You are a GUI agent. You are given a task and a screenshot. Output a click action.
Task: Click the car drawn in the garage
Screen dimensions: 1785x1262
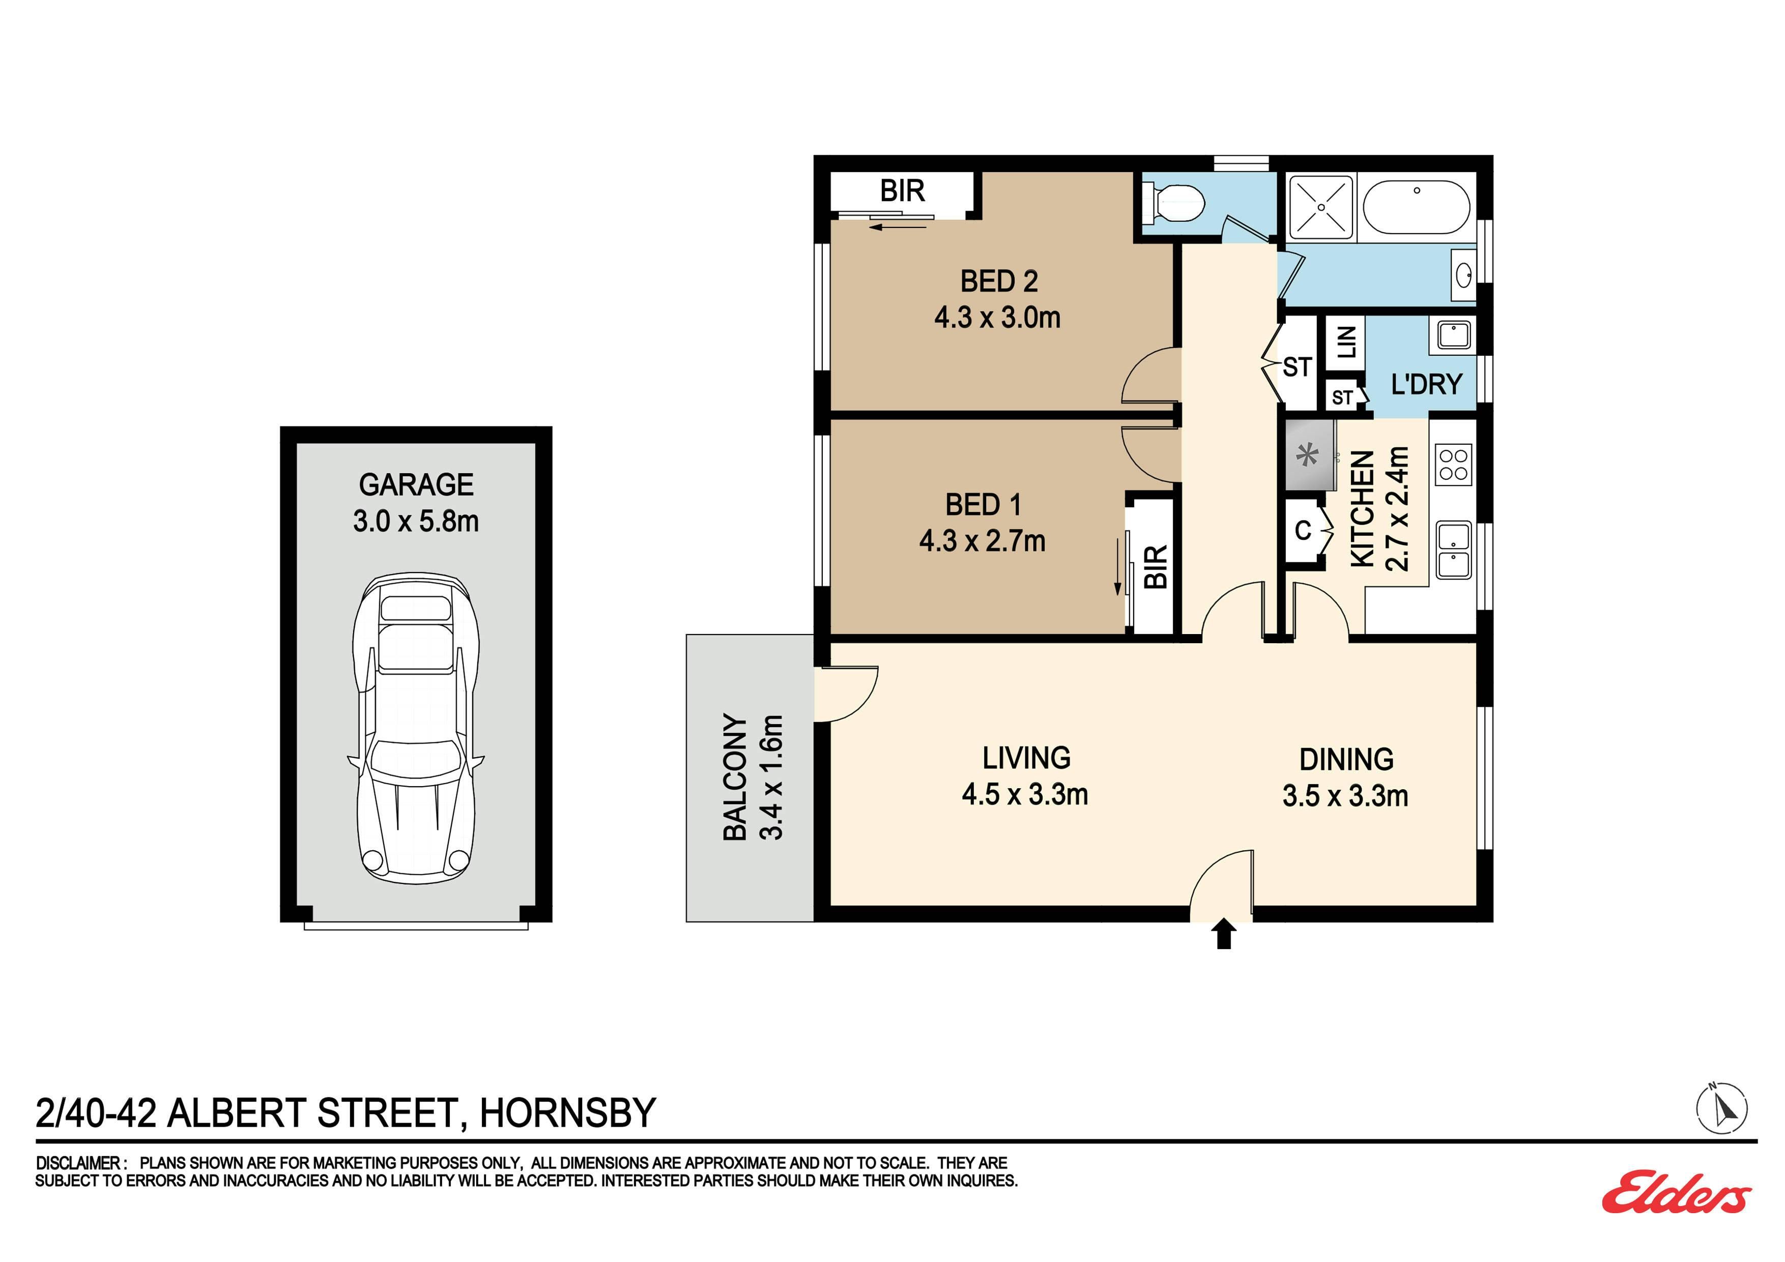point(416,729)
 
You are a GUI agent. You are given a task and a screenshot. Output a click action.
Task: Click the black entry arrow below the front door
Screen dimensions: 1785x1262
point(1224,933)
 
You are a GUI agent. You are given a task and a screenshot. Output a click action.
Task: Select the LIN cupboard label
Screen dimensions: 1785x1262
point(1346,342)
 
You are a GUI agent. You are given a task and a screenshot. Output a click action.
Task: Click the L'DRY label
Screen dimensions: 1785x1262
point(1427,384)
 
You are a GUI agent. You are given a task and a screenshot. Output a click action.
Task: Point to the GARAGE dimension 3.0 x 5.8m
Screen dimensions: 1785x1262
point(416,521)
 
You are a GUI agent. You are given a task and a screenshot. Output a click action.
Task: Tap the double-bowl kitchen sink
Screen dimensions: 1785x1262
point(1453,550)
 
